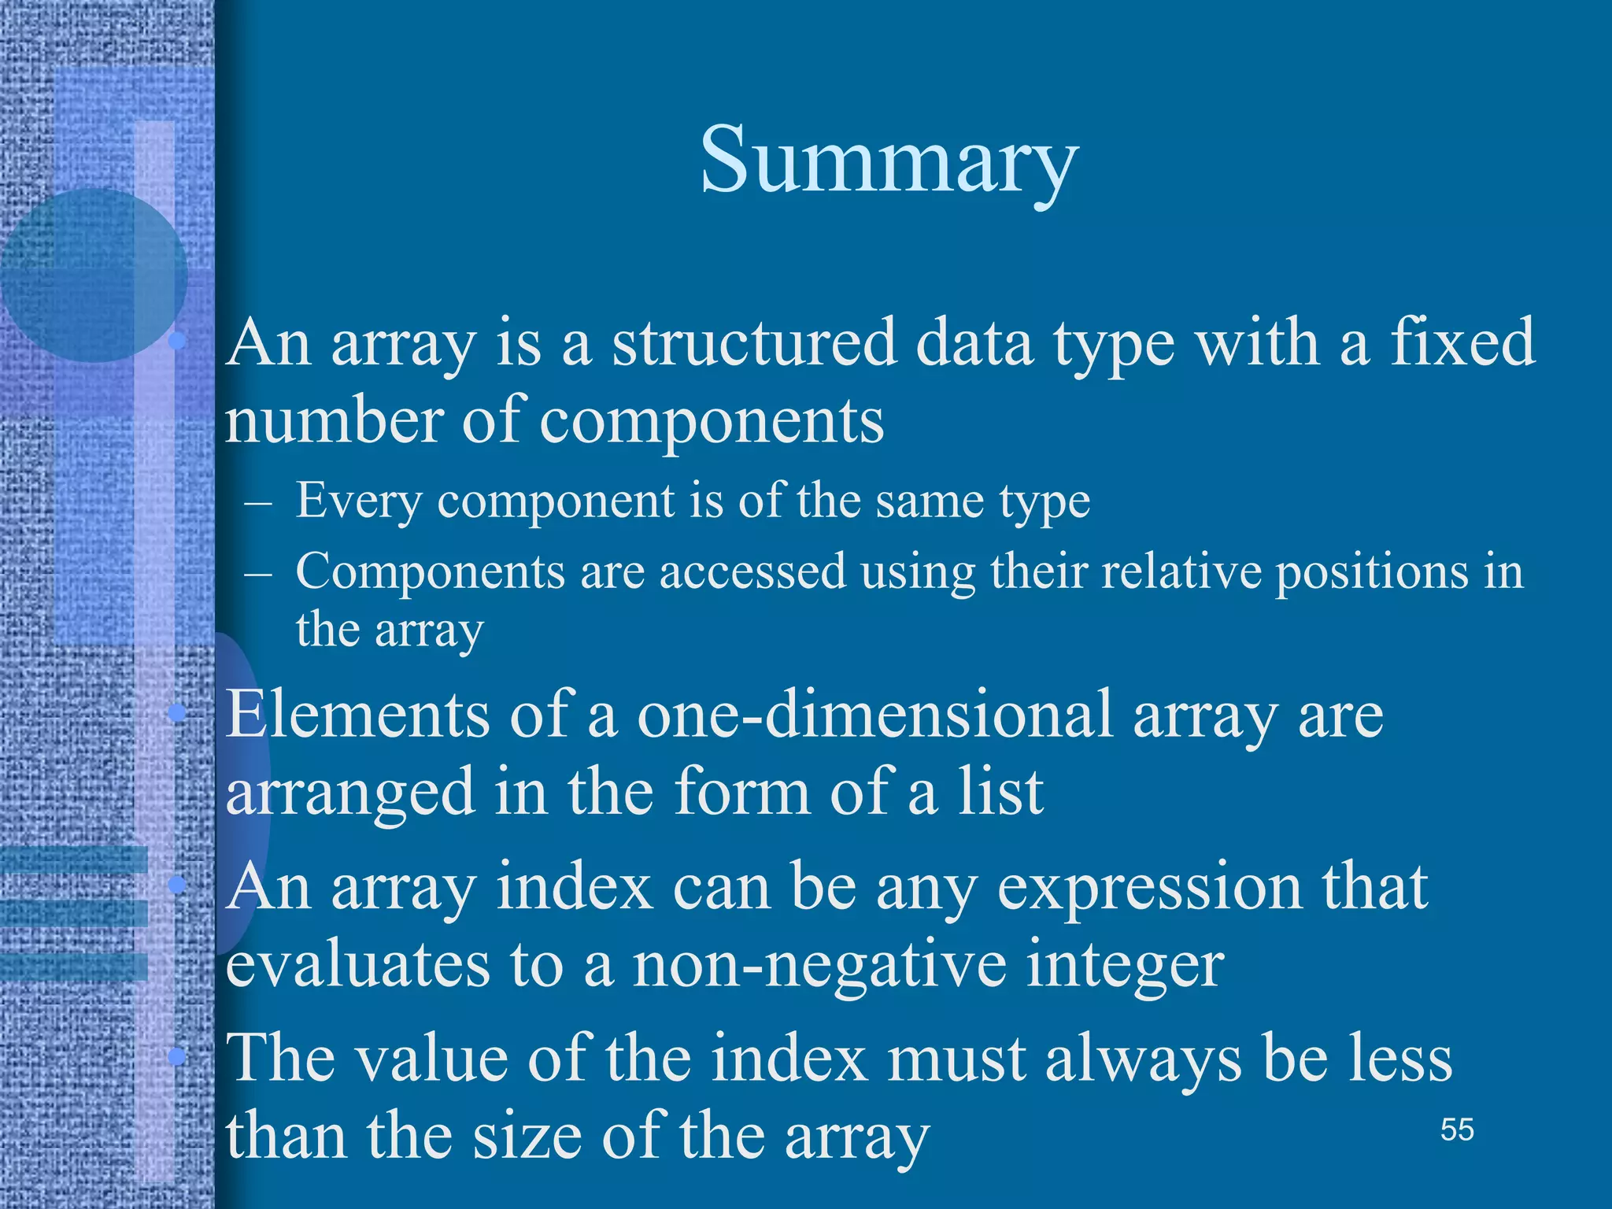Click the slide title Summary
pos(889,161)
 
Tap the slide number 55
pos(1457,1130)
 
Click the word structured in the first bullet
pos(754,344)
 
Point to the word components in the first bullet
pos(712,420)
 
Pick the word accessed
pos(752,571)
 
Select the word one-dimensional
pos(874,714)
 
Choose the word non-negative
pos(819,966)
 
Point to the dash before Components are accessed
pos(258,572)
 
